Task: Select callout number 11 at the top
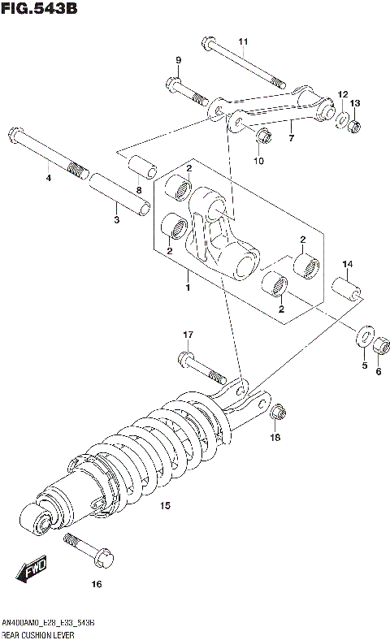click(x=242, y=42)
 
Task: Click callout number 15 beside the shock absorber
click(x=165, y=506)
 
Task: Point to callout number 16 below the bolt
click(x=96, y=584)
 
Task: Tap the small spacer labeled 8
click(x=142, y=166)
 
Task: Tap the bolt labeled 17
click(x=199, y=367)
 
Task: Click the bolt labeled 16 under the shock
click(x=89, y=551)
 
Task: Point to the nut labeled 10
click(x=262, y=136)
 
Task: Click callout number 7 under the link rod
click(x=290, y=138)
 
